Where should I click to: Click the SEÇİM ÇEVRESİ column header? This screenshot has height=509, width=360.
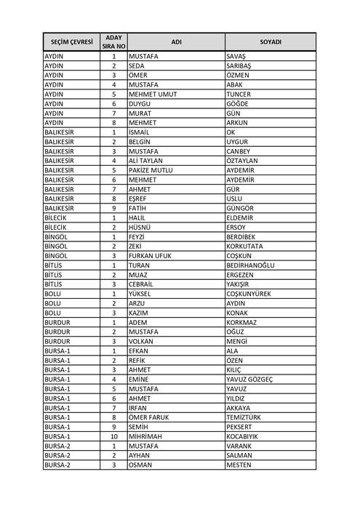pyautogui.click(x=71, y=41)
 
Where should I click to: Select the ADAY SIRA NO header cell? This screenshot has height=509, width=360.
pyautogui.click(x=113, y=41)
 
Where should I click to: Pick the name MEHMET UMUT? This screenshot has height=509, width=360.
pyautogui.click(x=153, y=94)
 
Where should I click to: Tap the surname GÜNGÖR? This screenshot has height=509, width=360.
pyautogui.click(x=241, y=207)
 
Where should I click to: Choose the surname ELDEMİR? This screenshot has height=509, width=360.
pyautogui.click(x=241, y=217)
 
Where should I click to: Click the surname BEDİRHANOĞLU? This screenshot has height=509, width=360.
pyautogui.click(x=251, y=265)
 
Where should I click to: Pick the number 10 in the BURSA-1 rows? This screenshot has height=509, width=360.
pyautogui.click(x=113, y=436)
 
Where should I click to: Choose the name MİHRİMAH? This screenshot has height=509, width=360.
pyautogui.click(x=147, y=436)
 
